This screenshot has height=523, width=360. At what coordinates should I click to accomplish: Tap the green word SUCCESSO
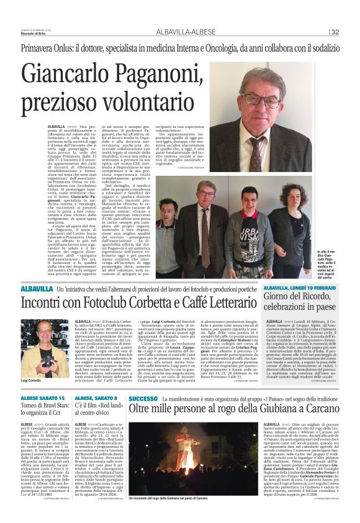[143, 381]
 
